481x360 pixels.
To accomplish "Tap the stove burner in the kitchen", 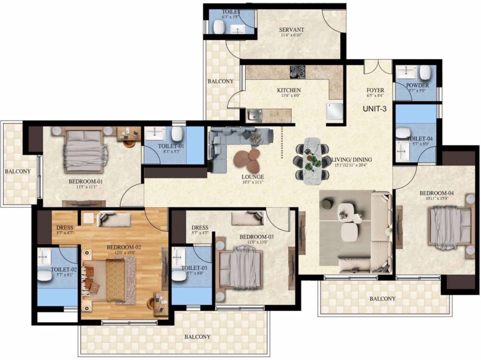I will (297, 72).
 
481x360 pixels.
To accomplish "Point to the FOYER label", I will (376, 90).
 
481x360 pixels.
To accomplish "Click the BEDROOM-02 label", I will (124, 247).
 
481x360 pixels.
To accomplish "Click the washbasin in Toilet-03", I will (179, 255).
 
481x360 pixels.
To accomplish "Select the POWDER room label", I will (418, 85).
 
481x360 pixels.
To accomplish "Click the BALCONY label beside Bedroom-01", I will (18, 172).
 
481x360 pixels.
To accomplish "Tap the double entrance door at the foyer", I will (378, 67).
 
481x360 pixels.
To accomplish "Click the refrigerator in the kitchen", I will (335, 112).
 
